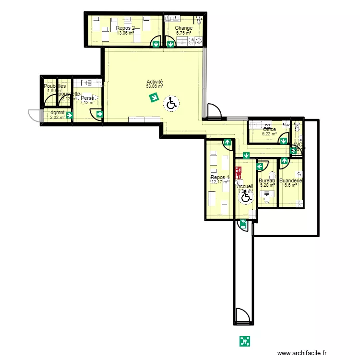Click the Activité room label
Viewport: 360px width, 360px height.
tap(155, 82)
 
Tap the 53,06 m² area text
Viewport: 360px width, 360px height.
tap(155, 87)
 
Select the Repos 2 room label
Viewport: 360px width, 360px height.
tap(125, 28)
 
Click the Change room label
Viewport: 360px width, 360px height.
tap(184, 28)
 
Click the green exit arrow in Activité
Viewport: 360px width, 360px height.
tap(154, 98)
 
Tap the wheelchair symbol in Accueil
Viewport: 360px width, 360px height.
tap(246, 196)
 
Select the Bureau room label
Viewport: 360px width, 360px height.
tap(267, 180)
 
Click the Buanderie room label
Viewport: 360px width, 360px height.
tap(291, 180)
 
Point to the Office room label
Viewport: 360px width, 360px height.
tap(269, 129)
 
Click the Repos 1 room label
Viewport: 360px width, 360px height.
tap(220, 177)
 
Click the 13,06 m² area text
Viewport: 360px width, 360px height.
tap(125, 33)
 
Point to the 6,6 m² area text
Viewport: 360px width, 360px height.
tap(291, 185)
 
